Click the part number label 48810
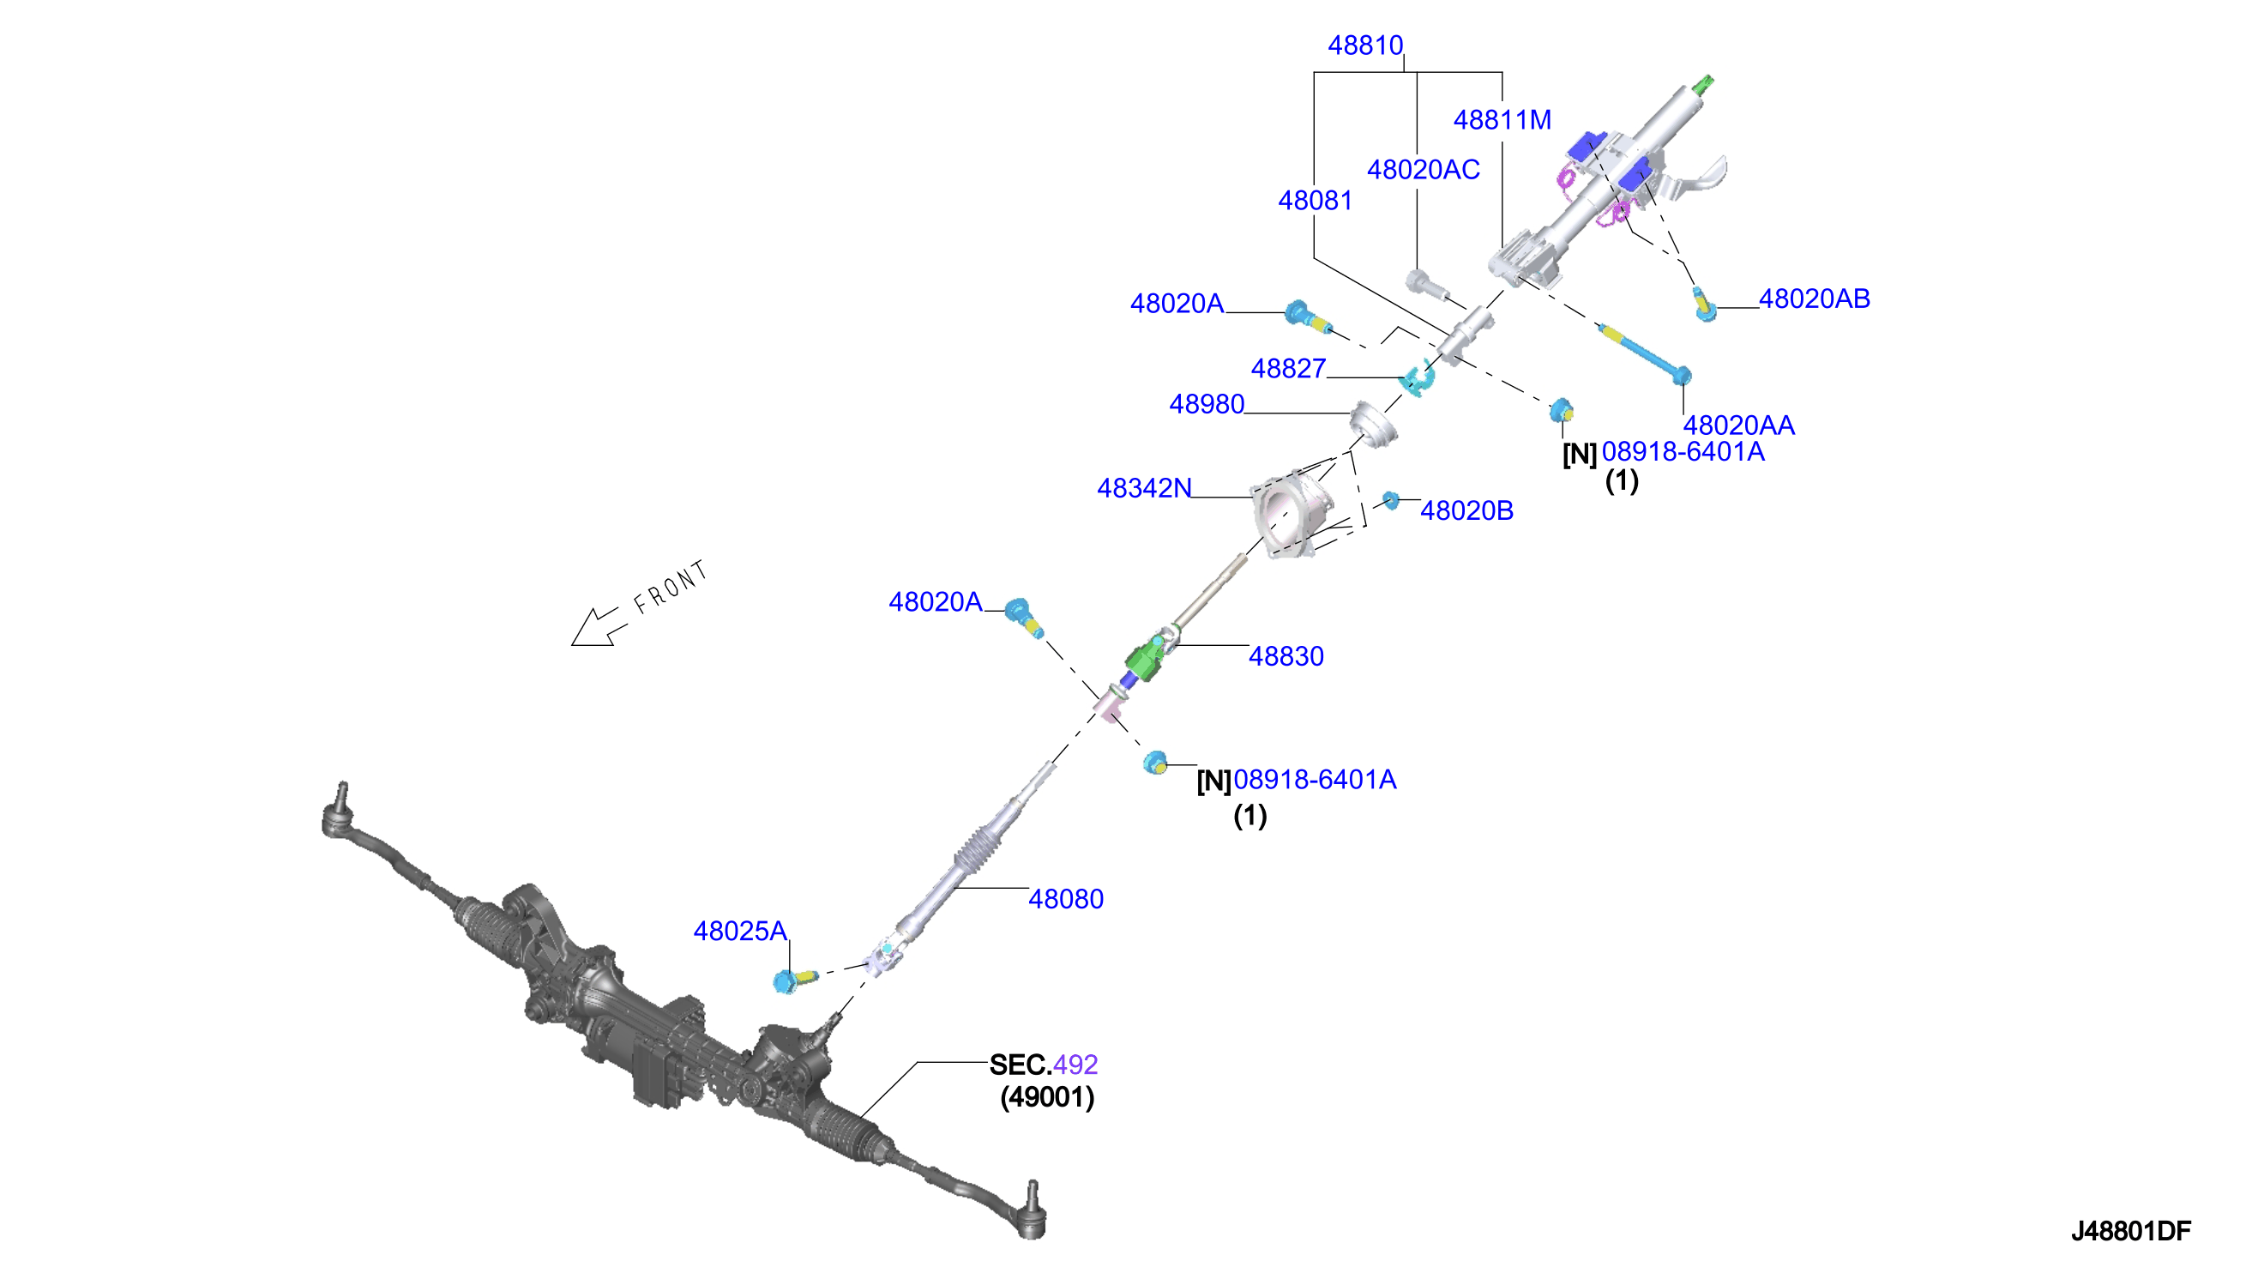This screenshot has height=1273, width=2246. pyautogui.click(x=1365, y=45)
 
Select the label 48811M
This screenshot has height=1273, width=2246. pyautogui.click(x=1502, y=120)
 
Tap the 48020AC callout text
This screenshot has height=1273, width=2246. pyautogui.click(x=1423, y=170)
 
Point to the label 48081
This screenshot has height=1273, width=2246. pyautogui.click(x=1316, y=201)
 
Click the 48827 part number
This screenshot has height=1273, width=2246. pyautogui.click(x=1288, y=369)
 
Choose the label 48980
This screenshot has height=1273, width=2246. pyautogui.click(x=1207, y=405)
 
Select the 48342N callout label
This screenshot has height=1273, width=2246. pyautogui.click(x=1144, y=488)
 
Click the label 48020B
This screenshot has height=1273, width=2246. pyautogui.click(x=1466, y=510)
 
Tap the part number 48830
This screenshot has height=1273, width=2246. pyautogui.click(x=1286, y=656)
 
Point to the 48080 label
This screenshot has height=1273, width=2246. pyautogui.click(x=1065, y=899)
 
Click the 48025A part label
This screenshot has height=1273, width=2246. pyautogui.click(x=740, y=931)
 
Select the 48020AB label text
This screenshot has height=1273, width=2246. pyautogui.click(x=1815, y=299)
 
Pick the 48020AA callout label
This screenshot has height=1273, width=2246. pyautogui.click(x=1738, y=425)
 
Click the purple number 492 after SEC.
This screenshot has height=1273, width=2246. pyautogui.click(x=1075, y=1065)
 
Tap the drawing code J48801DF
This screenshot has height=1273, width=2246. pyautogui.click(x=2130, y=1231)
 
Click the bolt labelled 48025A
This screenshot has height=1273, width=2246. pyautogui.click(x=793, y=980)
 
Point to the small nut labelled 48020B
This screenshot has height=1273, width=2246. pyautogui.click(x=1389, y=500)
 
